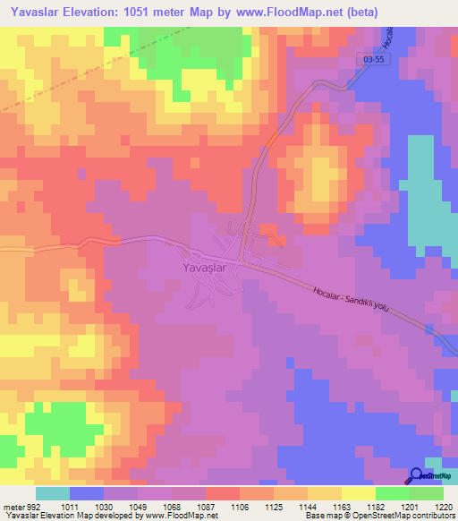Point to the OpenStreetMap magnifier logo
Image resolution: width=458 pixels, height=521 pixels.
(416, 476)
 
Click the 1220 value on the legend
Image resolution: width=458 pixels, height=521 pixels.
(444, 506)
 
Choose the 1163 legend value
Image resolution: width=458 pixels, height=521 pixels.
(342, 506)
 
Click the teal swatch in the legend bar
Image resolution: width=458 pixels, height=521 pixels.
(53, 493)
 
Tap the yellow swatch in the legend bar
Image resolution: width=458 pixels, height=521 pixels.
(358, 493)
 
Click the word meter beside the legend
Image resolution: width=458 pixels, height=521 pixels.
(13, 506)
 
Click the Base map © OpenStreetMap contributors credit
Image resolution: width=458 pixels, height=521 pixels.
(379, 516)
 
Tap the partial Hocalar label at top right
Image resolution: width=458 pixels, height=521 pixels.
(389, 36)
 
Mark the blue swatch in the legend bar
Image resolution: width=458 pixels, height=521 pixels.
(87, 493)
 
